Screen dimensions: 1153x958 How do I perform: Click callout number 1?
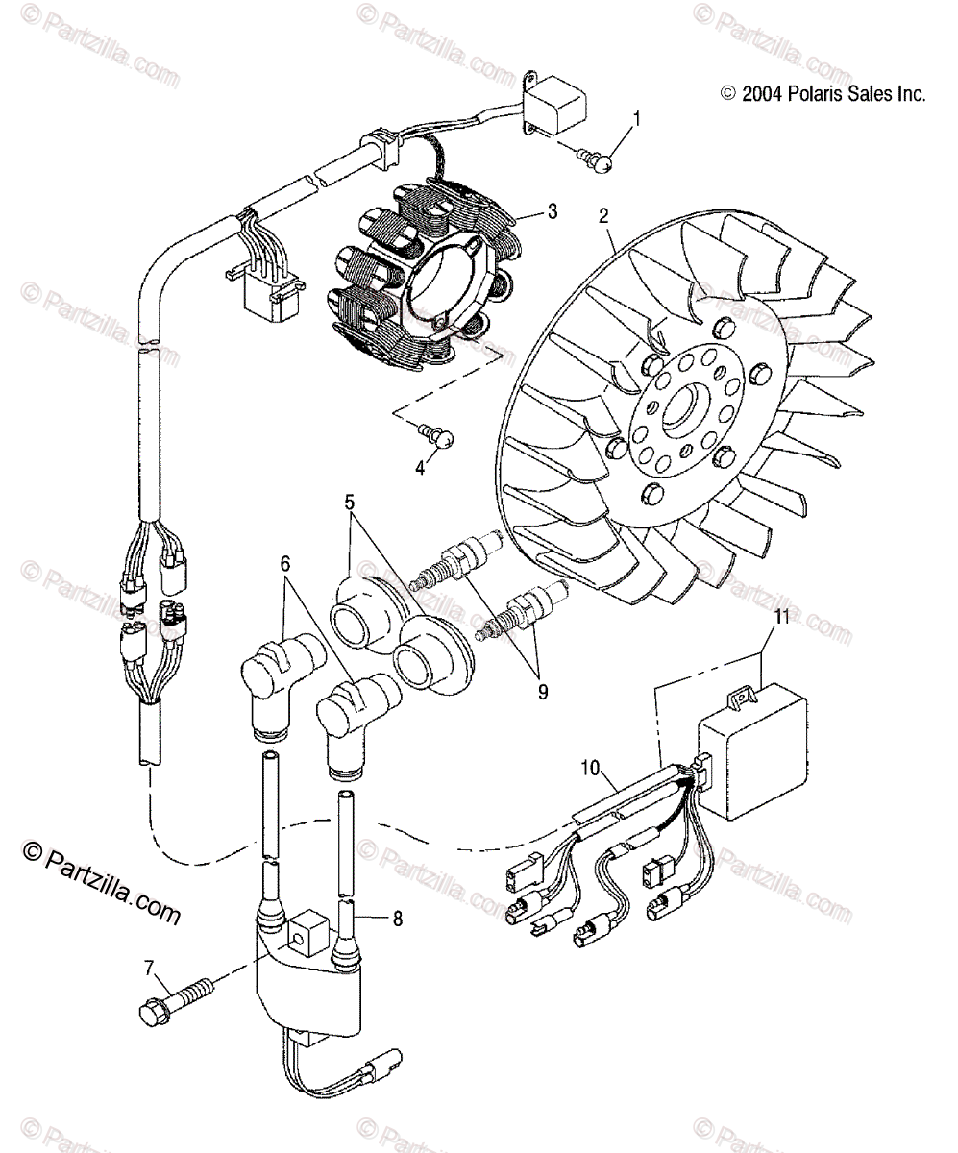[x=634, y=119]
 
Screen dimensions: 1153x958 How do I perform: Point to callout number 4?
[x=420, y=468]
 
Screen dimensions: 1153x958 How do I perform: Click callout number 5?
[x=350, y=501]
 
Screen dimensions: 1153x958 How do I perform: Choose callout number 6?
[x=285, y=565]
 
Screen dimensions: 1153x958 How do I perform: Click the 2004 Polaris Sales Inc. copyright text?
[x=823, y=94]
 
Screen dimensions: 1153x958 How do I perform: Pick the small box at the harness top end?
[x=557, y=99]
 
